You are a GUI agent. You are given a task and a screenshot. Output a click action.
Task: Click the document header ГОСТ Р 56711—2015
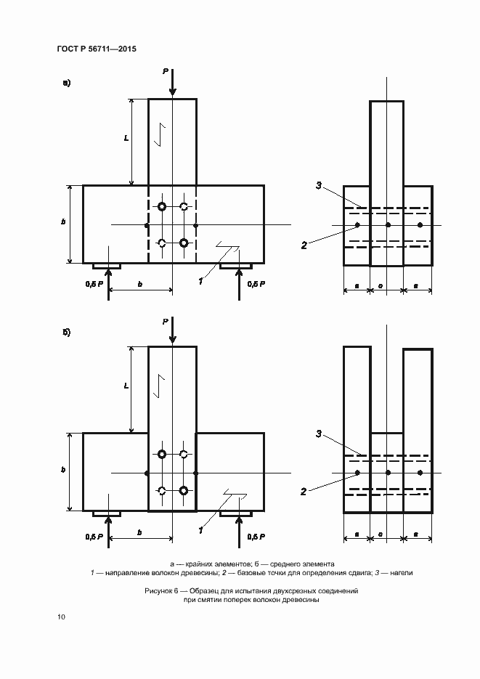97,49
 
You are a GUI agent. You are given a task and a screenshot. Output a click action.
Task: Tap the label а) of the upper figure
67,83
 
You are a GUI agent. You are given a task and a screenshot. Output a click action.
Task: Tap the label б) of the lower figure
67,333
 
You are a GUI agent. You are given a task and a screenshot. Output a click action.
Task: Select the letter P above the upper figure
166,71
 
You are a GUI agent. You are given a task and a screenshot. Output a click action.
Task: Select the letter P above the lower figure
166,320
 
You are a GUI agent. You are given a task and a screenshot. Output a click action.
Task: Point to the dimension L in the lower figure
126,387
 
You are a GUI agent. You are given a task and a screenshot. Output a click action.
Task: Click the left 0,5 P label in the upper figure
94,283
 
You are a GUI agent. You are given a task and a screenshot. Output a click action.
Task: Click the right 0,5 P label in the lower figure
256,536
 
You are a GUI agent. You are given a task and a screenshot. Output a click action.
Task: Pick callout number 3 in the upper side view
319,187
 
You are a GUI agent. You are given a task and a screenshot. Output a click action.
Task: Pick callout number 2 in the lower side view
303,492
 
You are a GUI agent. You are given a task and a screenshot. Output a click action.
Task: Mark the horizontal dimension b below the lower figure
139,532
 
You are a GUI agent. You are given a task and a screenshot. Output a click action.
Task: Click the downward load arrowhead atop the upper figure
172,93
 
